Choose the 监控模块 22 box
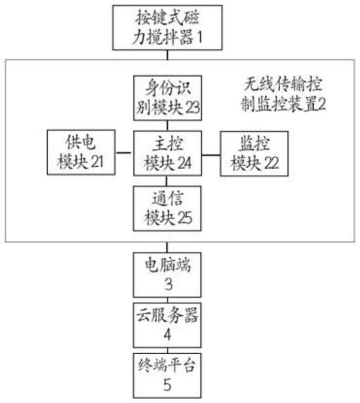[254, 153]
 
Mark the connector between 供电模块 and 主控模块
[124, 152]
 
